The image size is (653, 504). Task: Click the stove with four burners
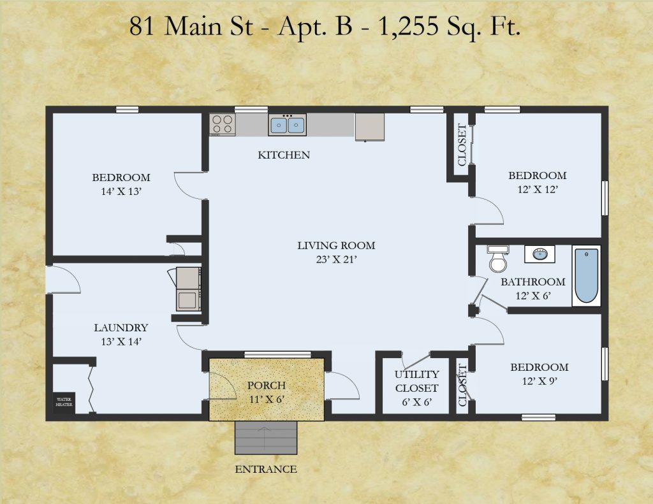[223, 124]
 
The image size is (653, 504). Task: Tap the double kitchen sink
[288, 125]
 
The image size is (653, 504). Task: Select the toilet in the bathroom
[497, 259]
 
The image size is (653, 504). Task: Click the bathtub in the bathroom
[587, 275]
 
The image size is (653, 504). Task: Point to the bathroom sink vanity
[539, 254]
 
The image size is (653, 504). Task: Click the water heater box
[64, 403]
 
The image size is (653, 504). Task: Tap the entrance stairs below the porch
[266, 437]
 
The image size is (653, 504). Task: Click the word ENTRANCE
[266, 470]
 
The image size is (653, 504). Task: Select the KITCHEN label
[284, 155]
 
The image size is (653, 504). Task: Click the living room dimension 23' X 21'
[337, 260]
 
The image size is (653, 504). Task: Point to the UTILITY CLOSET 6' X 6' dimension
[416, 402]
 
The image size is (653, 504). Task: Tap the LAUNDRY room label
[121, 328]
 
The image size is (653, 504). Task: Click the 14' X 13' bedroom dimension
[122, 191]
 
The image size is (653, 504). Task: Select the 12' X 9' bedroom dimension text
[539, 381]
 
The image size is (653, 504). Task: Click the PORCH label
[267, 385]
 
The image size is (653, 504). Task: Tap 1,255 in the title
[408, 26]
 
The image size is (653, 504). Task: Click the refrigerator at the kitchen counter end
[369, 127]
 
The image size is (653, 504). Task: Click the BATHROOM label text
[533, 282]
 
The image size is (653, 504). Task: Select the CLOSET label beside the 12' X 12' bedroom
[462, 145]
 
